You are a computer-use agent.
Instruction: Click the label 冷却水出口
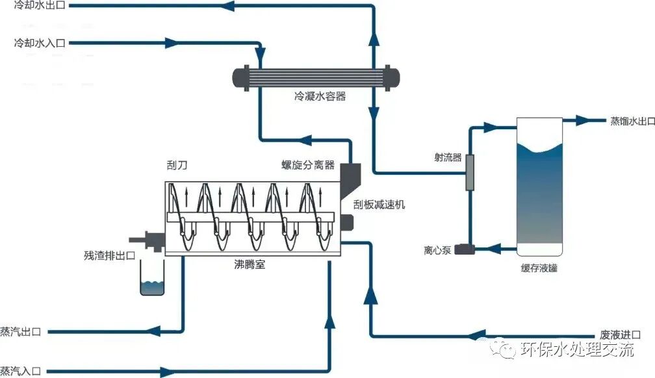click(40, 6)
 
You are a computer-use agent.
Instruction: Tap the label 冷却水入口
click(40, 44)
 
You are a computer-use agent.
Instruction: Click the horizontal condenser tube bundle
click(316, 78)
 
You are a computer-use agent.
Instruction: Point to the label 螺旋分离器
click(303, 165)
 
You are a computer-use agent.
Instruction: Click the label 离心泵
click(437, 249)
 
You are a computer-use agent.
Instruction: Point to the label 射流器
click(448, 157)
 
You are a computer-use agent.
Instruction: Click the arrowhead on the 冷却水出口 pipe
click(229, 6)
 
